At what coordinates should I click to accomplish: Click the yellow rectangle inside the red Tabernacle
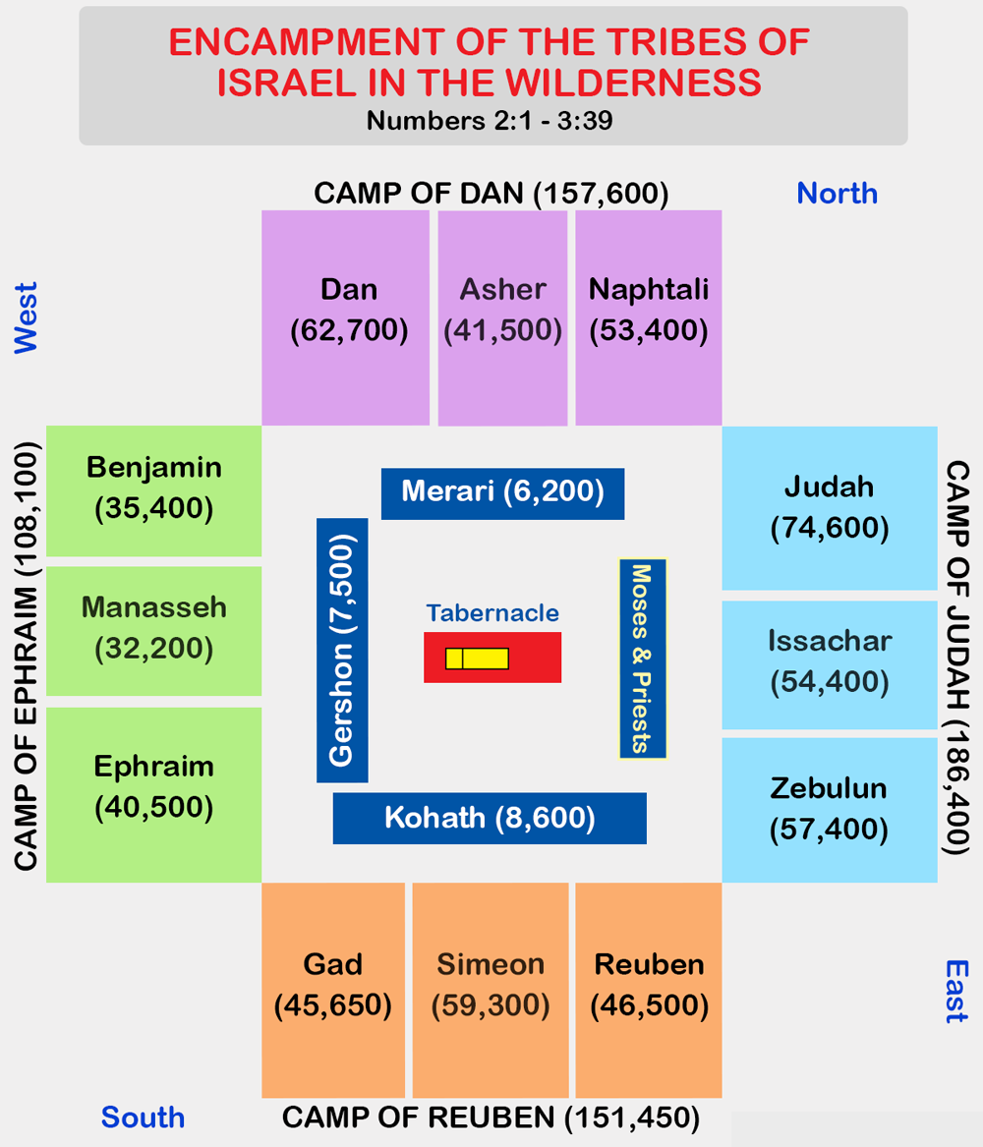coord(477,659)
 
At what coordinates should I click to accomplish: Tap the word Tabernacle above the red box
coord(492,613)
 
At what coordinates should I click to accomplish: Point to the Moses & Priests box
coord(643,659)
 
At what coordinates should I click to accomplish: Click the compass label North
coord(837,193)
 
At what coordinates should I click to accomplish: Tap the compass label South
coord(143,1117)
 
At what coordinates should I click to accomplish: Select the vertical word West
coord(26,318)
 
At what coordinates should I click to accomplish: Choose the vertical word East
coord(956,991)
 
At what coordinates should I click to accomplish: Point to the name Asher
coord(503,290)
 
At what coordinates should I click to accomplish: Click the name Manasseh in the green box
coord(153,607)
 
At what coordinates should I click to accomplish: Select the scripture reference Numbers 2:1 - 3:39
coord(490,121)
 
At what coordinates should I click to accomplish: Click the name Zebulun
coord(829,788)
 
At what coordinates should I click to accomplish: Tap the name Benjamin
coord(153,468)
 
